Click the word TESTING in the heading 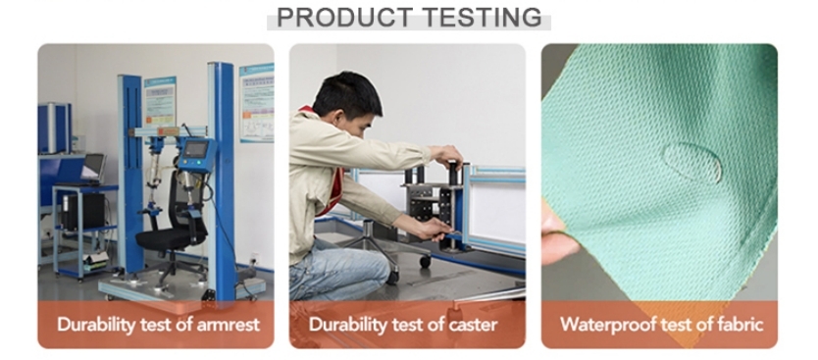482,18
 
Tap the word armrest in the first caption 228,325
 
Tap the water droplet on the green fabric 691,162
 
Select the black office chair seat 165,238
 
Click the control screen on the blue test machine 195,150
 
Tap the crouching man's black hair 347,94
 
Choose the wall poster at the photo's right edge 257,102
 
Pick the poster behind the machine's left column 160,102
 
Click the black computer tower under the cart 83,211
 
